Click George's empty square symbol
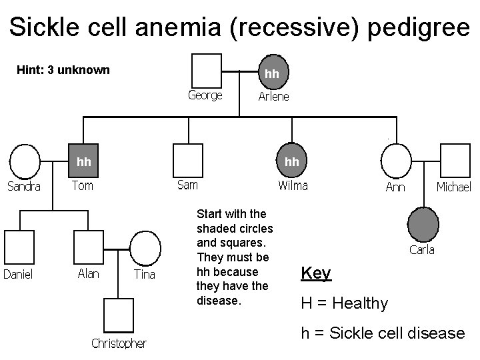[207, 69]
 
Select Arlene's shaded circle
[273, 70]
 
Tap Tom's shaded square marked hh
[85, 161]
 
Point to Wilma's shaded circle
[291, 161]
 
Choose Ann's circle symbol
[396, 161]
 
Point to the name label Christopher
[119, 343]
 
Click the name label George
[205, 95]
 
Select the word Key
[316, 273]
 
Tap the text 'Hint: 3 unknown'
[63, 70]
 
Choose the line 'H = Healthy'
[344, 303]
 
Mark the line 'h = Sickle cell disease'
[383, 333]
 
